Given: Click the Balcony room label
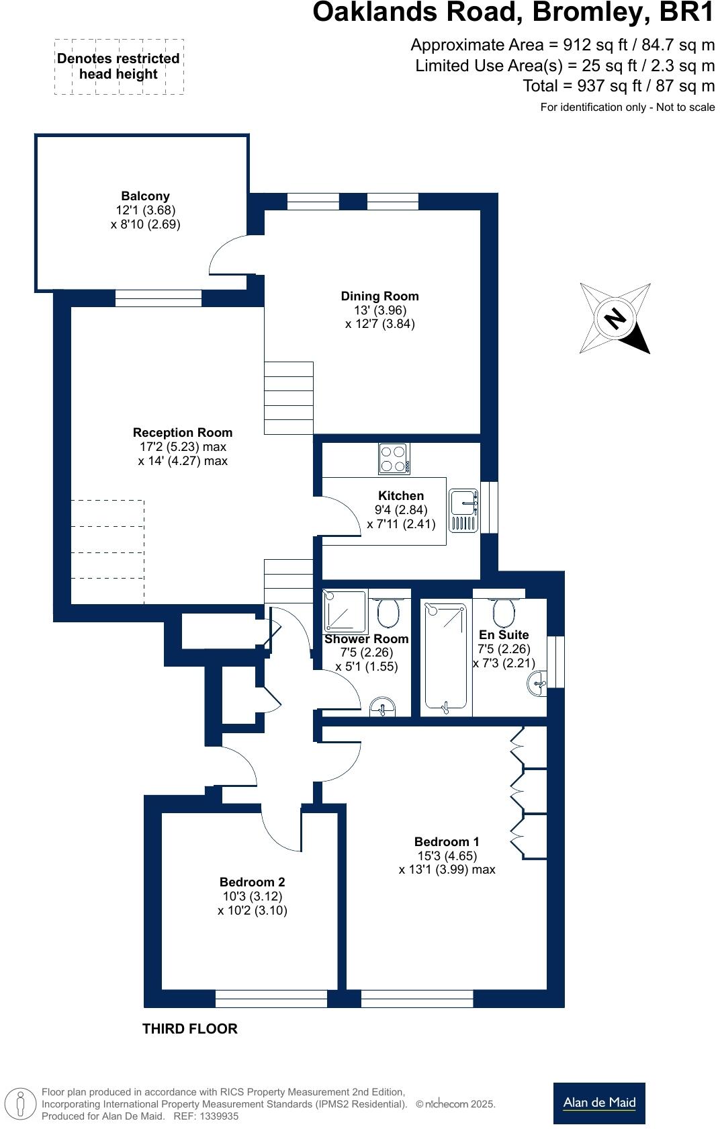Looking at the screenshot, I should pyautogui.click(x=145, y=196).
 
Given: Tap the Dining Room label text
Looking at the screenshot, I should pyautogui.click(x=379, y=296).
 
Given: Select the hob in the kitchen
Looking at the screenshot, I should pyautogui.click(x=394, y=459).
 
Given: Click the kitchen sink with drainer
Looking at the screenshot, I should pyautogui.click(x=463, y=511).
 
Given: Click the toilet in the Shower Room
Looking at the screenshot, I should pyautogui.click(x=388, y=612).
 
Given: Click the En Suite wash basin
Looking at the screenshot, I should pyautogui.click(x=538, y=684).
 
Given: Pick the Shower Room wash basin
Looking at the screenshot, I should pyautogui.click(x=384, y=708).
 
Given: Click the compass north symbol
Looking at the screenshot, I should pyautogui.click(x=615, y=318).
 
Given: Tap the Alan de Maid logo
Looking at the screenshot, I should pyautogui.click(x=599, y=1103).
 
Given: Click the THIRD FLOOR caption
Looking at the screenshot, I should pyautogui.click(x=190, y=1029).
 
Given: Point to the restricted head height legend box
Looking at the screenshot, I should pyautogui.click(x=119, y=67).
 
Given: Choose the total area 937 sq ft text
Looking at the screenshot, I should pyautogui.click(x=618, y=86).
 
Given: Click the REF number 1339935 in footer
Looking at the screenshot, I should pyautogui.click(x=220, y=1116).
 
